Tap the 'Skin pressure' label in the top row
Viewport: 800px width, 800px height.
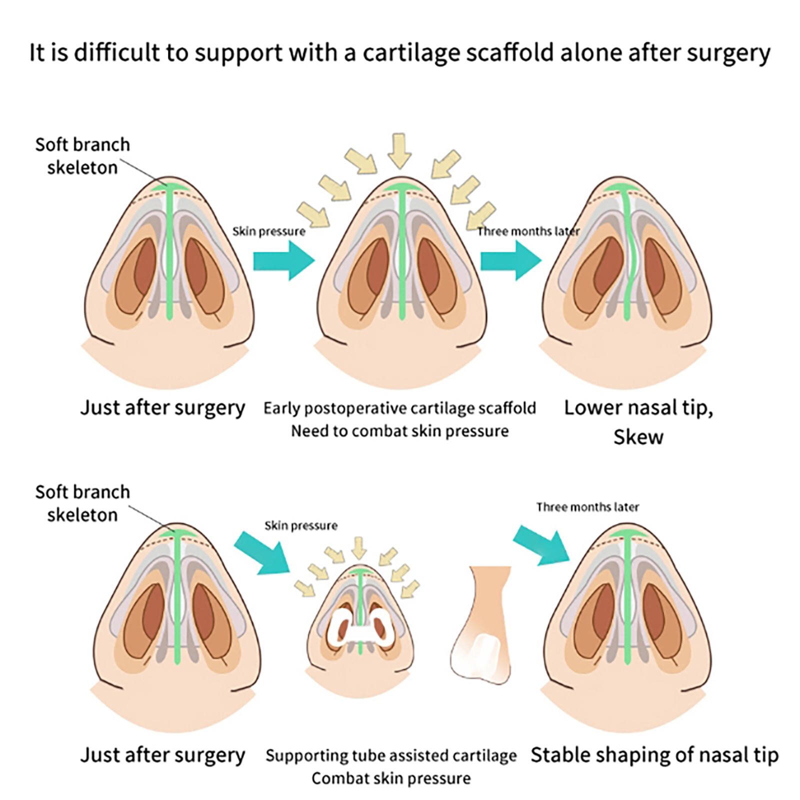point(268,231)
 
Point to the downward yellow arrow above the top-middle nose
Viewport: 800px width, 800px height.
point(399,150)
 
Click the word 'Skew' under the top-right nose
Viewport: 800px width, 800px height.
point(638,437)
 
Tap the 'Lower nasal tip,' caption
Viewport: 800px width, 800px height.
point(638,408)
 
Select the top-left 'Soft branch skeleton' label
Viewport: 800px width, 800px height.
point(82,155)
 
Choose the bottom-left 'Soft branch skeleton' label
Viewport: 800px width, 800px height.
point(82,503)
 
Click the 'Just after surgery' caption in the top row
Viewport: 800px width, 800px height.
point(162,408)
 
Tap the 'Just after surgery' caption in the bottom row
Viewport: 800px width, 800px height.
point(162,755)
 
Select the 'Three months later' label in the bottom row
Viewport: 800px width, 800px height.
point(587,507)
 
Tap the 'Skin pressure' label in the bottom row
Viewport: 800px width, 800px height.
point(300,525)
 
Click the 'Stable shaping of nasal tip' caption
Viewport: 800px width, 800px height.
point(654,755)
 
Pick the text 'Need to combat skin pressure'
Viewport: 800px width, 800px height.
point(399,431)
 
